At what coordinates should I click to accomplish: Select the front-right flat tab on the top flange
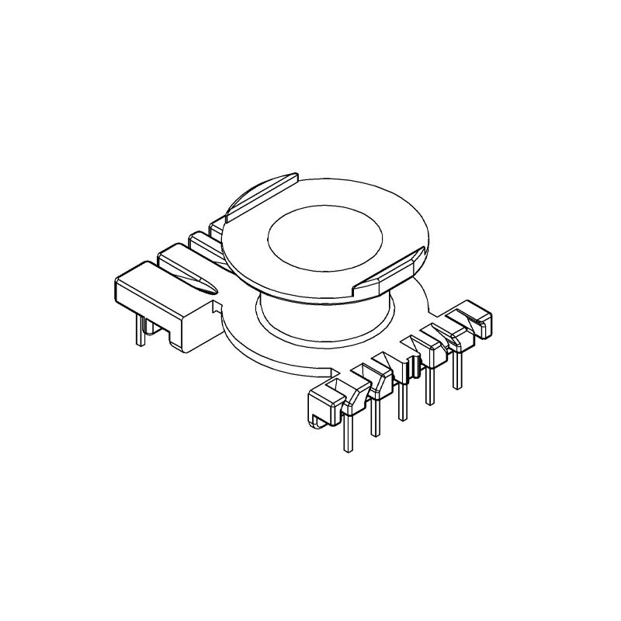(388, 272)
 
